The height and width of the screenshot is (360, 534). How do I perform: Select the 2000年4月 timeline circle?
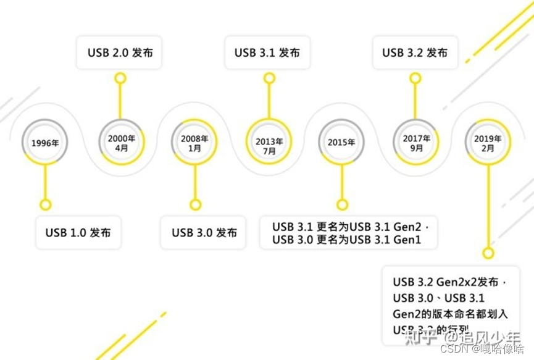point(121,142)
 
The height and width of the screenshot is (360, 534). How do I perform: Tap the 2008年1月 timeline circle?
point(195,143)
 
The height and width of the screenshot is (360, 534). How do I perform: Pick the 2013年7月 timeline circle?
point(269,142)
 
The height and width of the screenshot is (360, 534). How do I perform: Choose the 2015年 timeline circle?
point(341,142)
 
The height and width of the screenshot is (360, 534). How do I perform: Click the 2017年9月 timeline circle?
point(416,143)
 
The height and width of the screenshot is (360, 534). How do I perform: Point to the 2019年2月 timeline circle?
point(488,143)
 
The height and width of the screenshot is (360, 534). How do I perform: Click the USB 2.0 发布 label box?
point(120,52)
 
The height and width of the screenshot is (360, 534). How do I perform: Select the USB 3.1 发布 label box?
point(267,52)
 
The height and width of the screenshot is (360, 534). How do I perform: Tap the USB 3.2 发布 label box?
point(415,52)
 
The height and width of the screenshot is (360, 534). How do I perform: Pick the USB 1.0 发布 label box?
point(78,233)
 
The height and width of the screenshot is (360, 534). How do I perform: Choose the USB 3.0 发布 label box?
point(204,233)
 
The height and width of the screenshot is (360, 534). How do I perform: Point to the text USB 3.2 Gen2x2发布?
point(445,282)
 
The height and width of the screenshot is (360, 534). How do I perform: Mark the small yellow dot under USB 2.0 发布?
point(121,78)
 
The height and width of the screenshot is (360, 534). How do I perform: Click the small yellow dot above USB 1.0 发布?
point(45,204)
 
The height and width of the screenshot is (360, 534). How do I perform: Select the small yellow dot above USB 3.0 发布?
point(196,204)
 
